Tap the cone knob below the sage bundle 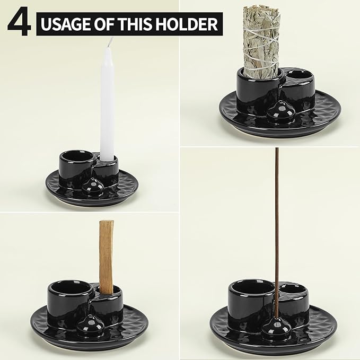point(277,111)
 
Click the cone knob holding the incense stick point(276,329)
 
